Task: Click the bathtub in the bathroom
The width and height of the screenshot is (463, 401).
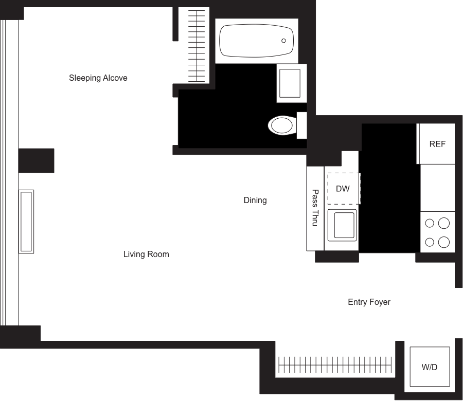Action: (x=256, y=41)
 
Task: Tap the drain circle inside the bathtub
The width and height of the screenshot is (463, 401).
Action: (x=283, y=41)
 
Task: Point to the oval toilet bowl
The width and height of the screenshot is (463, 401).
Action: (x=281, y=125)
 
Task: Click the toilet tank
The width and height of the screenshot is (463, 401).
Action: (x=301, y=125)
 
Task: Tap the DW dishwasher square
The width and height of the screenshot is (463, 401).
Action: (x=343, y=189)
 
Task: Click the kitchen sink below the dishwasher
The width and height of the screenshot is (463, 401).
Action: (x=343, y=225)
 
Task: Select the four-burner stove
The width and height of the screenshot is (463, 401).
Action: (x=437, y=232)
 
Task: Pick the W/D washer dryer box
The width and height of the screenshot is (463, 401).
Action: (x=430, y=367)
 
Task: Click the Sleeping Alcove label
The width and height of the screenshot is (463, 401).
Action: (x=98, y=78)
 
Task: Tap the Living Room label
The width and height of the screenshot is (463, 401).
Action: (x=146, y=254)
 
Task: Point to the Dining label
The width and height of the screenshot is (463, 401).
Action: (x=255, y=200)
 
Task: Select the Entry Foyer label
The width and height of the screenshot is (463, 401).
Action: (x=369, y=302)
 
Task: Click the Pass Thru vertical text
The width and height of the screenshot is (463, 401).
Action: (x=315, y=208)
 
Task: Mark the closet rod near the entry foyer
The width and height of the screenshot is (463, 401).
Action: (x=334, y=365)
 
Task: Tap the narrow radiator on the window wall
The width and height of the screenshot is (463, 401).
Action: (x=27, y=221)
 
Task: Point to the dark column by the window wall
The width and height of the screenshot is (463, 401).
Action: (x=37, y=160)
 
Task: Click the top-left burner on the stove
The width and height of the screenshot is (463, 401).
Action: (x=430, y=223)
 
